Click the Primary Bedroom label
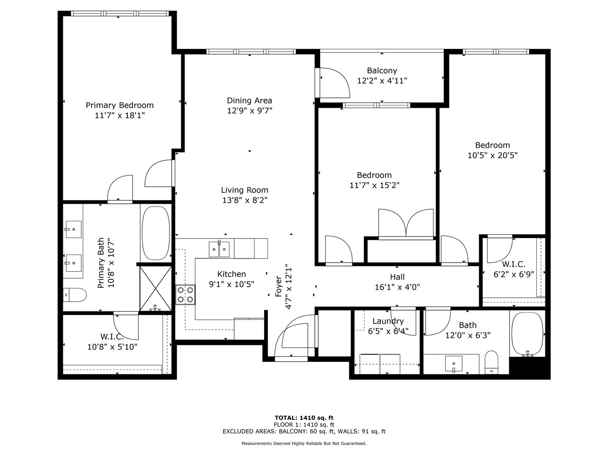[x=119, y=105]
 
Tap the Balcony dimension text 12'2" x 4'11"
[x=382, y=81]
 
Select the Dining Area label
[x=249, y=100]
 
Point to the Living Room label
[x=244, y=190]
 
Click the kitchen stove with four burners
[x=185, y=294]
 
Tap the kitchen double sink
[x=219, y=248]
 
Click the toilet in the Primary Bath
[x=75, y=295]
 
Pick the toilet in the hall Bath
[x=491, y=362]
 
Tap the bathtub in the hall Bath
[x=527, y=334]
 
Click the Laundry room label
[x=388, y=321]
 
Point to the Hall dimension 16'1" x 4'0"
[x=397, y=287]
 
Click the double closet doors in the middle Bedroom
[x=406, y=223]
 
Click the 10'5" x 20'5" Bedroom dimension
[x=493, y=155]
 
